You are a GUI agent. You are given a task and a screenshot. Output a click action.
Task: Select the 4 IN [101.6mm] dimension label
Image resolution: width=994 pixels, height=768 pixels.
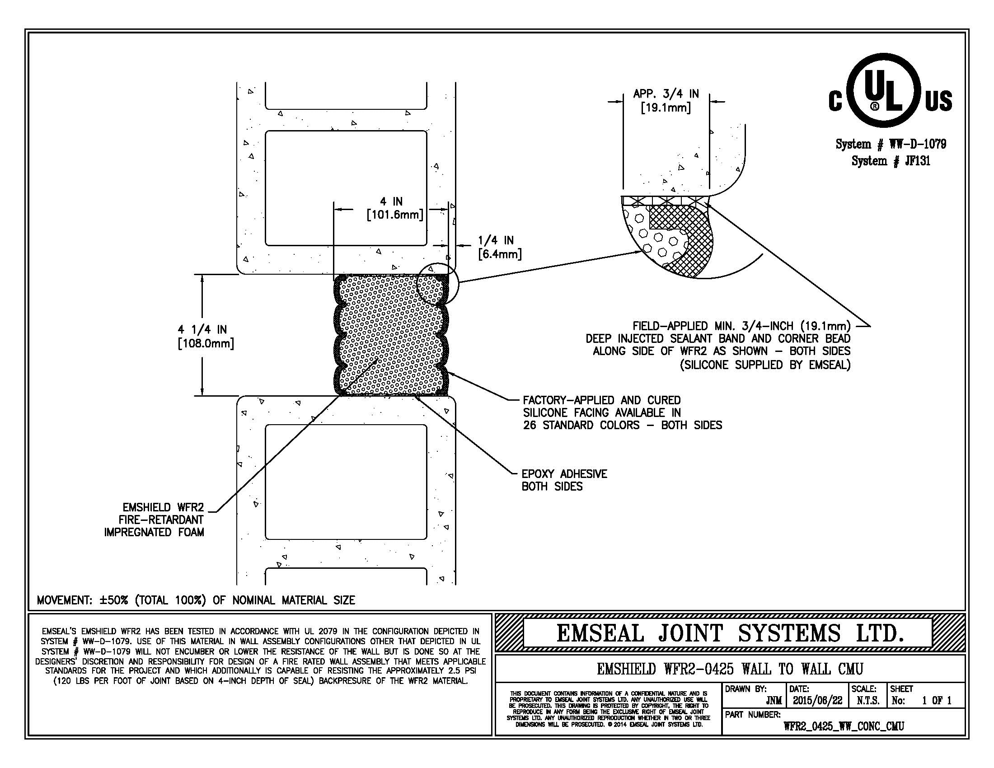tap(394, 208)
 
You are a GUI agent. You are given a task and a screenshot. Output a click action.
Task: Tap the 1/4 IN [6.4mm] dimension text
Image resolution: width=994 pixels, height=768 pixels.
tap(499, 247)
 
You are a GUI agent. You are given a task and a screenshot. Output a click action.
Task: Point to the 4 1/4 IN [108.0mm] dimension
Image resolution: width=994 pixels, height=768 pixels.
tap(206, 336)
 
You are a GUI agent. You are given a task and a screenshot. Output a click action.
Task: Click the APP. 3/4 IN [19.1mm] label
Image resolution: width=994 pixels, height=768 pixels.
tap(666, 101)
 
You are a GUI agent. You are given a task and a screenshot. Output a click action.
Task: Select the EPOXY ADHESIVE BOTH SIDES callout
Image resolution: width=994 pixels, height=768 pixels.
tap(564, 480)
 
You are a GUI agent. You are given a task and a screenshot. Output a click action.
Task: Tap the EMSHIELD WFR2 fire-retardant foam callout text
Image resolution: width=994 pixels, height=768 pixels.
tap(154, 520)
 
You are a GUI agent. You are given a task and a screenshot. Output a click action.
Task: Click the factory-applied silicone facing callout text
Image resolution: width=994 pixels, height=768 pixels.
tap(622, 412)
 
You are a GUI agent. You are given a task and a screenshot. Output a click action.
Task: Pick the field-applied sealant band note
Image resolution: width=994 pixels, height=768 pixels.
tap(718, 345)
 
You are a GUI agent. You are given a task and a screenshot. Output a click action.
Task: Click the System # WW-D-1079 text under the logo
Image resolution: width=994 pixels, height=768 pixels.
tap(891, 144)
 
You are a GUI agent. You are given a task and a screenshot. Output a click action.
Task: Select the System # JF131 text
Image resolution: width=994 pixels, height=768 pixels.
tap(891, 161)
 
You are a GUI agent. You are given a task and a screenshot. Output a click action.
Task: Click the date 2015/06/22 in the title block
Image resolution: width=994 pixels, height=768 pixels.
tap(817, 701)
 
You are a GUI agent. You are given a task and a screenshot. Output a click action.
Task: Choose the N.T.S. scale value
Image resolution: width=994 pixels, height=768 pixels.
tap(867, 701)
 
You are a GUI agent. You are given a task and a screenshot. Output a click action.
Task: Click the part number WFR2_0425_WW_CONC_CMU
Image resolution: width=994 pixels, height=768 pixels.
tap(844, 726)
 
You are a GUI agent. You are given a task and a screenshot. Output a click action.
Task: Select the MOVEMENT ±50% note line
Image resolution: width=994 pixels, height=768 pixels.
tap(196, 600)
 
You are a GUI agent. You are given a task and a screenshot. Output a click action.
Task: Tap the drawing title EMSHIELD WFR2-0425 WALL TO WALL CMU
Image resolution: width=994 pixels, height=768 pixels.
tap(730, 669)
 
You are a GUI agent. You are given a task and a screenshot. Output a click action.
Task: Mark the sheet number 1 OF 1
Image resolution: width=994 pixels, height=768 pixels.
tap(937, 701)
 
